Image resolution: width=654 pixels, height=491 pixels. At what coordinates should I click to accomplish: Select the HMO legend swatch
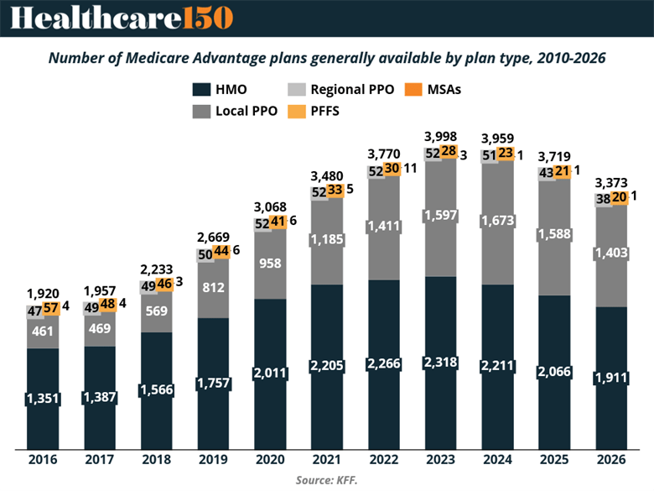click(200, 90)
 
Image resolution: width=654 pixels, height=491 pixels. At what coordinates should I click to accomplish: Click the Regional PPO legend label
click(352, 89)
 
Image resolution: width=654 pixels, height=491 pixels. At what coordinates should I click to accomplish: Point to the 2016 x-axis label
click(43, 460)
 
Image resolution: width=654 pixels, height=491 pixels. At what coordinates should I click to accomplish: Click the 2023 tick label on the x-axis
click(440, 460)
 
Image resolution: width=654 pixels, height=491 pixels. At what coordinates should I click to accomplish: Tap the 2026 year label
click(611, 460)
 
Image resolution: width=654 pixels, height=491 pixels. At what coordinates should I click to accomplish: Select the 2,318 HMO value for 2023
click(440, 363)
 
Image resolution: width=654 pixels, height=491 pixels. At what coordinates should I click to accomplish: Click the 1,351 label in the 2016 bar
click(43, 398)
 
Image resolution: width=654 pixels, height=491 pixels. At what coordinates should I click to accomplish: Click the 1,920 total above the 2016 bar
click(43, 294)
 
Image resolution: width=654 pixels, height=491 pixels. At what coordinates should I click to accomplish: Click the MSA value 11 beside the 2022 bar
click(410, 168)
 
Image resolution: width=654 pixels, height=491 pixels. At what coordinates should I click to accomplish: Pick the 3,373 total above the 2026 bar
click(611, 182)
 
